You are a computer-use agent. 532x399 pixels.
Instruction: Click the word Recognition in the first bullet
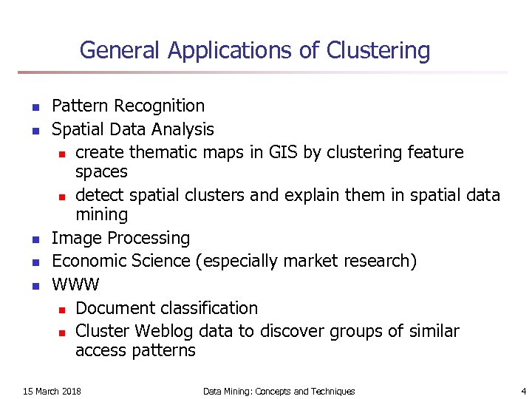click(x=163, y=107)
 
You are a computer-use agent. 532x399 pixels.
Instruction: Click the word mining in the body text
click(x=101, y=215)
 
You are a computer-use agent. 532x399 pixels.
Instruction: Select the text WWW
click(x=75, y=284)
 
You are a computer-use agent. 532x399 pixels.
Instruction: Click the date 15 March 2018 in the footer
click(x=52, y=391)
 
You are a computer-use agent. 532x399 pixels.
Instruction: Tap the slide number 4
click(x=522, y=391)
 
